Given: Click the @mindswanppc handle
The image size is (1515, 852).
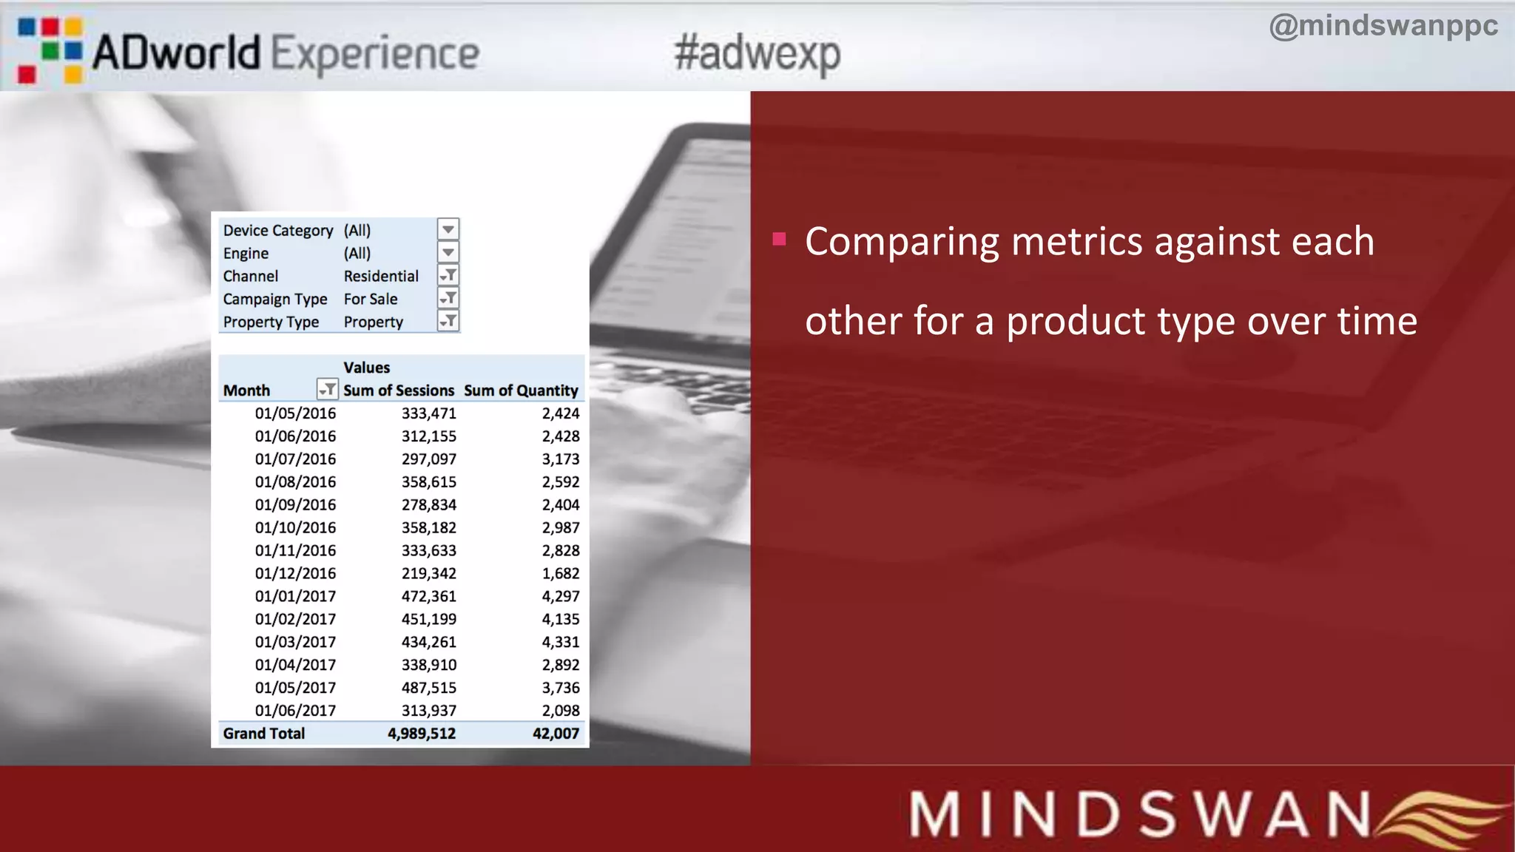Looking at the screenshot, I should click(1383, 26).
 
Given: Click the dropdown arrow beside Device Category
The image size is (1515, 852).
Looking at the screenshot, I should click(448, 229).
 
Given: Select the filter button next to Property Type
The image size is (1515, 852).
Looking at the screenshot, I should click(448, 321).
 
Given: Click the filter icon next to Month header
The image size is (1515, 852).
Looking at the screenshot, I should click(326, 389).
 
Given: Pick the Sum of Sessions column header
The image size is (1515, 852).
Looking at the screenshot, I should click(399, 390).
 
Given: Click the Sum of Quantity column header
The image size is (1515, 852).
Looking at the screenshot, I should click(521, 390).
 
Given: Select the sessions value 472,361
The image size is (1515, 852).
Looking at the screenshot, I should click(429, 596).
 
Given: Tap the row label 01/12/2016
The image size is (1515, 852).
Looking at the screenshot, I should click(295, 573).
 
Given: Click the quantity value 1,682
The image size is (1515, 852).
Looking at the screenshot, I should click(561, 573).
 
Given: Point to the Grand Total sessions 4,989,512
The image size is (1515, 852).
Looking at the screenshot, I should click(422, 734).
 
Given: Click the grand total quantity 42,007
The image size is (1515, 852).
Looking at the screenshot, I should click(556, 734).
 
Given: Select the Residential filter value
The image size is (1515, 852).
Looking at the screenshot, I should click(381, 276).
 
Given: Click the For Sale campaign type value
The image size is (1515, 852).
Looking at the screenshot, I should click(371, 299).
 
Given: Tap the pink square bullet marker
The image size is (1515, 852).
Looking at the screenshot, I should click(778, 239).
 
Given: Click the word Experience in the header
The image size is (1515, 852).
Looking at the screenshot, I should click(375, 54).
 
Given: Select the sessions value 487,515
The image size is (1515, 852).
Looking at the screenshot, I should click(429, 688).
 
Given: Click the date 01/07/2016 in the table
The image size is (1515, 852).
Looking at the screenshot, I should click(295, 459).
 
